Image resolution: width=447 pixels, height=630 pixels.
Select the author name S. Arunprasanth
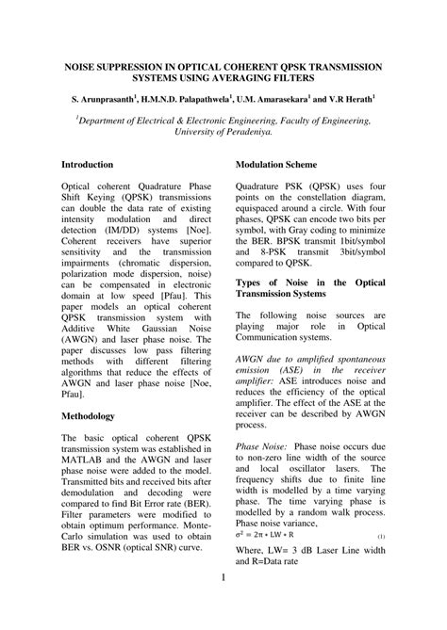tap(103, 99)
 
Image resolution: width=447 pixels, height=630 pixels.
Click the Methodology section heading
tap(88, 415)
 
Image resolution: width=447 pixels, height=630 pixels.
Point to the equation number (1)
tap(380, 536)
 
